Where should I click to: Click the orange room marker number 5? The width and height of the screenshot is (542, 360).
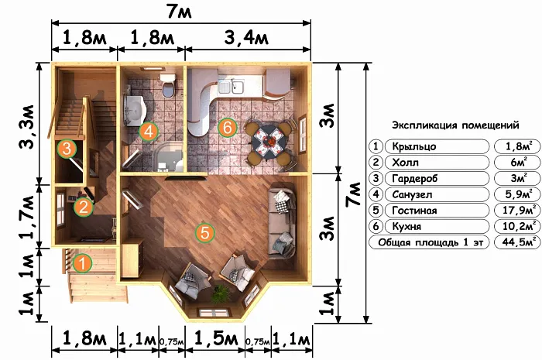pyautogui.click(x=205, y=232)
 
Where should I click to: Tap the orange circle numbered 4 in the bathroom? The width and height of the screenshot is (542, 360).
pyautogui.click(x=149, y=132)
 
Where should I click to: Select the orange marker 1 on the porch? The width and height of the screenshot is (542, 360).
pyautogui.click(x=82, y=263)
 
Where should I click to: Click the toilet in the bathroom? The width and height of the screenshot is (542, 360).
pyautogui.click(x=168, y=85)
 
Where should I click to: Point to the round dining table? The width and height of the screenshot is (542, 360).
pyautogui.click(x=270, y=142)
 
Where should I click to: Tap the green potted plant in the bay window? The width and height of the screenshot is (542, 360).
pyautogui.click(x=221, y=294)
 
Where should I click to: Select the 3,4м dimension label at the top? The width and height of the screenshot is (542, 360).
pyautogui.click(x=246, y=37)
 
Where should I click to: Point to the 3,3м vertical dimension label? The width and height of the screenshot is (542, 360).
pyautogui.click(x=28, y=126)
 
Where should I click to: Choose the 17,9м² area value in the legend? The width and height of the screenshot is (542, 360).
pyautogui.click(x=517, y=211)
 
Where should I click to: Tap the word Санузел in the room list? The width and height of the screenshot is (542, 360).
pyautogui.click(x=412, y=194)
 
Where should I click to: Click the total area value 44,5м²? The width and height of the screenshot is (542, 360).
pyautogui.click(x=517, y=242)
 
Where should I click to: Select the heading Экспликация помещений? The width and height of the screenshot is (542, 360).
pyautogui.click(x=455, y=125)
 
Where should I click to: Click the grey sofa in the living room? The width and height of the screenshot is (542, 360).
pyautogui.click(x=283, y=221)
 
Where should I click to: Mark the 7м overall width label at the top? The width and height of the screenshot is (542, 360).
pyautogui.click(x=179, y=12)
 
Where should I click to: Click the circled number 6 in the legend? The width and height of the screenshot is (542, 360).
pyautogui.click(x=376, y=226)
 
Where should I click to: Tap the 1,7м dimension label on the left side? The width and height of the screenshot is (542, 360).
pyautogui.click(x=28, y=217)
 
